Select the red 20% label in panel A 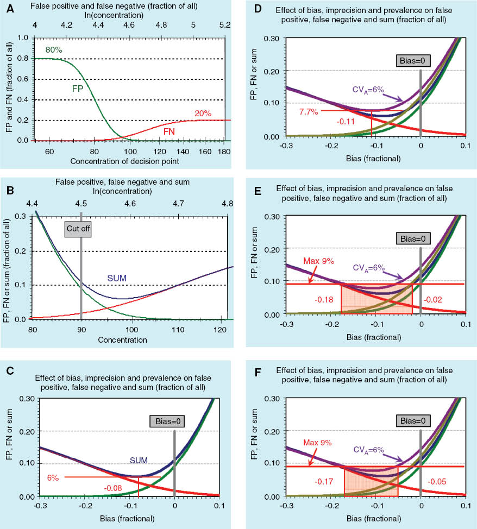(203, 113)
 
